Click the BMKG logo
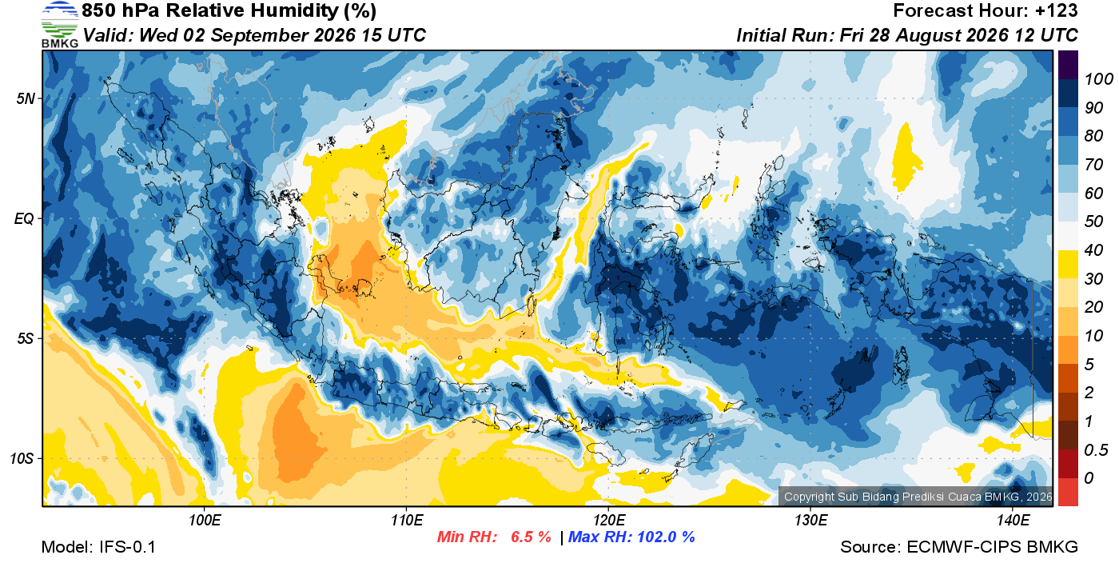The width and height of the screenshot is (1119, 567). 59,25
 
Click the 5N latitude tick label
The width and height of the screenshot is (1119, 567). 26,98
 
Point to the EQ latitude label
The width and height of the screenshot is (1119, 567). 25,218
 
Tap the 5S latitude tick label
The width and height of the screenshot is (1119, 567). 26,338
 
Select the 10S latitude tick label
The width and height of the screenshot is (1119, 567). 22,458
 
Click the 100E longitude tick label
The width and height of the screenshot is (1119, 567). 205,520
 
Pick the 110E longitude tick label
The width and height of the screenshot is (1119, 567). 407,520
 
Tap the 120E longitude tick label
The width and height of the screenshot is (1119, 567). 609,520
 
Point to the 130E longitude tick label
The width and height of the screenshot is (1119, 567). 810,520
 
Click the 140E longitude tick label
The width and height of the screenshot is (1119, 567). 1013,520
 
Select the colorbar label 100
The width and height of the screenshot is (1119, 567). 1098,79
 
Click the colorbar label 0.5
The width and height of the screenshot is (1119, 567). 1096,450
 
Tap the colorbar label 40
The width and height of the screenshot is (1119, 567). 1093,250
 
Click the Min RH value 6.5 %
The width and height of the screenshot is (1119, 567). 531,537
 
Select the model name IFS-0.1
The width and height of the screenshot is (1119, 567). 127,547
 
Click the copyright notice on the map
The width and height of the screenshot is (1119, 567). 918,497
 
